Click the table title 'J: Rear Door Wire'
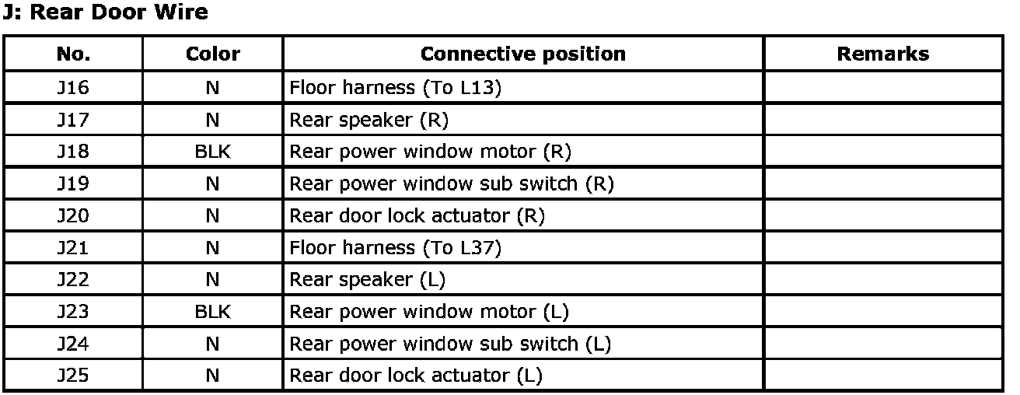[x=105, y=12]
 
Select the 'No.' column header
[x=73, y=54]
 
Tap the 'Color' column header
[x=213, y=54]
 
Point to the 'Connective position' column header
[x=522, y=54]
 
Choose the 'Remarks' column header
[x=883, y=54]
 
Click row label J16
[x=73, y=87]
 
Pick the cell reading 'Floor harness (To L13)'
[x=395, y=87]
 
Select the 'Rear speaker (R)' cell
[x=369, y=120]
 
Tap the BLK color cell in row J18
[x=213, y=152]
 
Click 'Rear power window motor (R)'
[x=431, y=152]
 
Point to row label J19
[x=73, y=184]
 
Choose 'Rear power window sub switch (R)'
[x=452, y=184]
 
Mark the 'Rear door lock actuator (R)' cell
[x=417, y=215]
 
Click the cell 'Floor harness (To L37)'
[x=395, y=248]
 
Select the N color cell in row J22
[x=213, y=279]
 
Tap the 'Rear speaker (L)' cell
[x=368, y=280]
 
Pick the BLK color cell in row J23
[x=213, y=312]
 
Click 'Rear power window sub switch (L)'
[x=450, y=344]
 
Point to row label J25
[x=73, y=376]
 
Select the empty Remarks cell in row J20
[x=883, y=215]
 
